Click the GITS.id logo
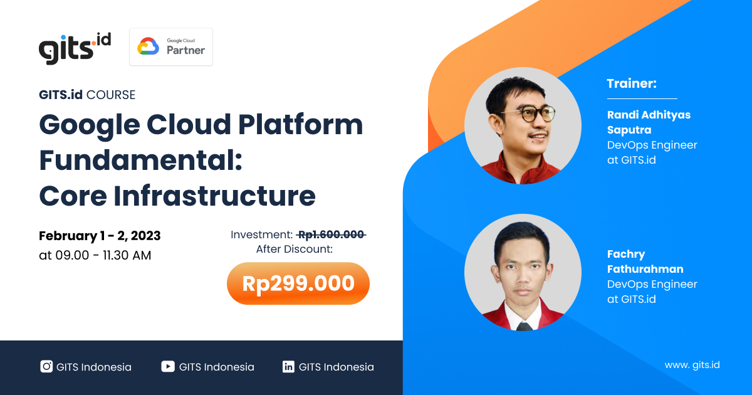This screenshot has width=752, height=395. pos(74,48)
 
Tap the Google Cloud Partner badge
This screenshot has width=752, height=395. pos(171,47)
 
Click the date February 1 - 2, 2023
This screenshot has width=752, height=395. pos(100,236)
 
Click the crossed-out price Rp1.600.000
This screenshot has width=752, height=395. pos(331,234)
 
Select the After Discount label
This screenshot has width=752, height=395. pos(294,249)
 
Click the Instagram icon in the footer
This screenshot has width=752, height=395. pos(46,367)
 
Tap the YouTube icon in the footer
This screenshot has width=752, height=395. pos(167,367)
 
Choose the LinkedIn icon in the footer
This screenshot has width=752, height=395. pos(288,367)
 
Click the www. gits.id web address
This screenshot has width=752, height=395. pos(692,365)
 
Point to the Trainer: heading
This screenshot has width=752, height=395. pos(632,83)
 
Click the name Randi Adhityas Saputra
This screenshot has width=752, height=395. pos(649,122)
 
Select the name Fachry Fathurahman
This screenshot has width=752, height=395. pos(645,261)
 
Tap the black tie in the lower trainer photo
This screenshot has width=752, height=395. pos(525,325)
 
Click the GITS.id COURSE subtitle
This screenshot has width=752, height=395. pos(87,95)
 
